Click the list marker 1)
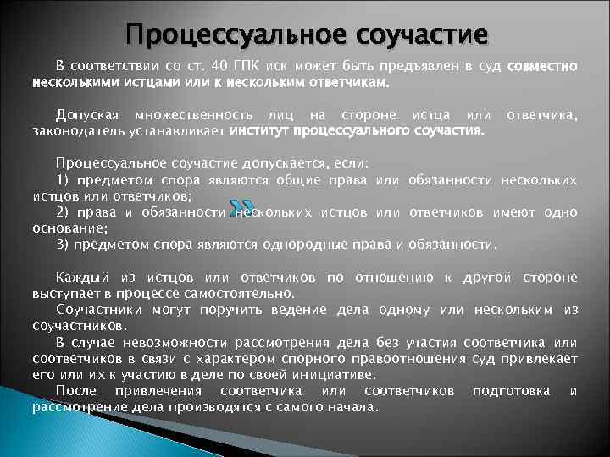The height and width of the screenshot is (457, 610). point(63,179)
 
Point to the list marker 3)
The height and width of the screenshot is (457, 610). point(63,245)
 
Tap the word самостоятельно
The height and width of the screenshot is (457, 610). point(241,294)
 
